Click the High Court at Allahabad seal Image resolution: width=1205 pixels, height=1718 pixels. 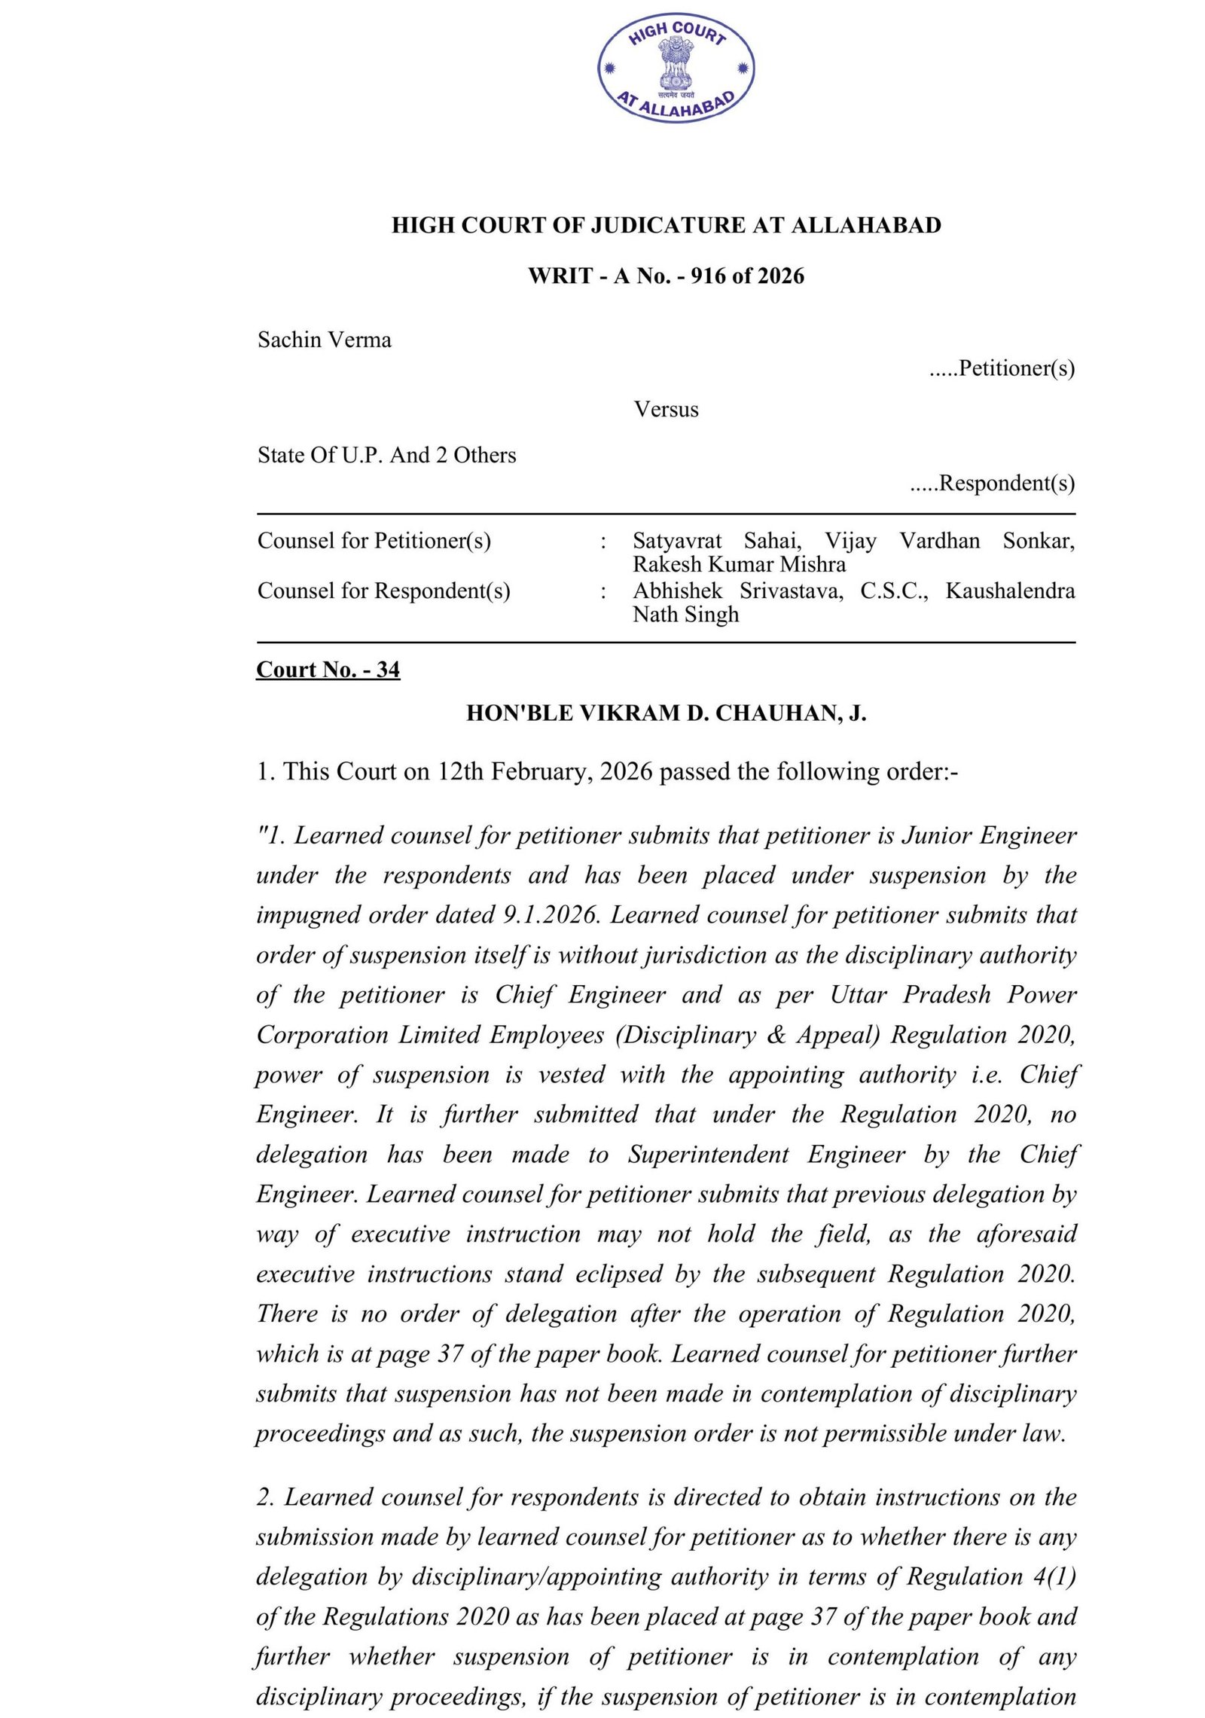676,69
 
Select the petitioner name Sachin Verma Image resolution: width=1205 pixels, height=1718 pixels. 324,340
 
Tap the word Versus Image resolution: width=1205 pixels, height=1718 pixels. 666,409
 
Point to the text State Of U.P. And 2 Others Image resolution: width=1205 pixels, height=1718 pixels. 386,455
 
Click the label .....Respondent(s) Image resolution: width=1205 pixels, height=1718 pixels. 992,483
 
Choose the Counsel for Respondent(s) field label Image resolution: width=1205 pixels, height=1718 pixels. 383,590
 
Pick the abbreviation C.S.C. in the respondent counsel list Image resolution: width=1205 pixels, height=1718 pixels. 894,590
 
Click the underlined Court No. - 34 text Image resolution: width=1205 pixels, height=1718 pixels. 328,670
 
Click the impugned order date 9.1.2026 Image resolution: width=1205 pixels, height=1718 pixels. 551,914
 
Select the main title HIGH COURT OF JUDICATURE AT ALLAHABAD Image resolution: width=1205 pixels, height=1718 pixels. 666,225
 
